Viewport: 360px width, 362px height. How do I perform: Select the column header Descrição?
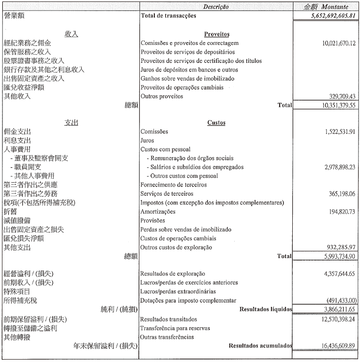(x=216, y=7)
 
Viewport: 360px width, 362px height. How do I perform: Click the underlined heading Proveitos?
(x=216, y=34)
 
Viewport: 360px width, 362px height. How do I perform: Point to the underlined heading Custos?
(x=216, y=123)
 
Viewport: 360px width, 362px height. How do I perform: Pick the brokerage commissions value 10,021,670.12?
(x=338, y=43)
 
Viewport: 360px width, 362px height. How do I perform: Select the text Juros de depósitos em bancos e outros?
(x=189, y=70)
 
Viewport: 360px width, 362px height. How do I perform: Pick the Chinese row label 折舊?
(x=10, y=212)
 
